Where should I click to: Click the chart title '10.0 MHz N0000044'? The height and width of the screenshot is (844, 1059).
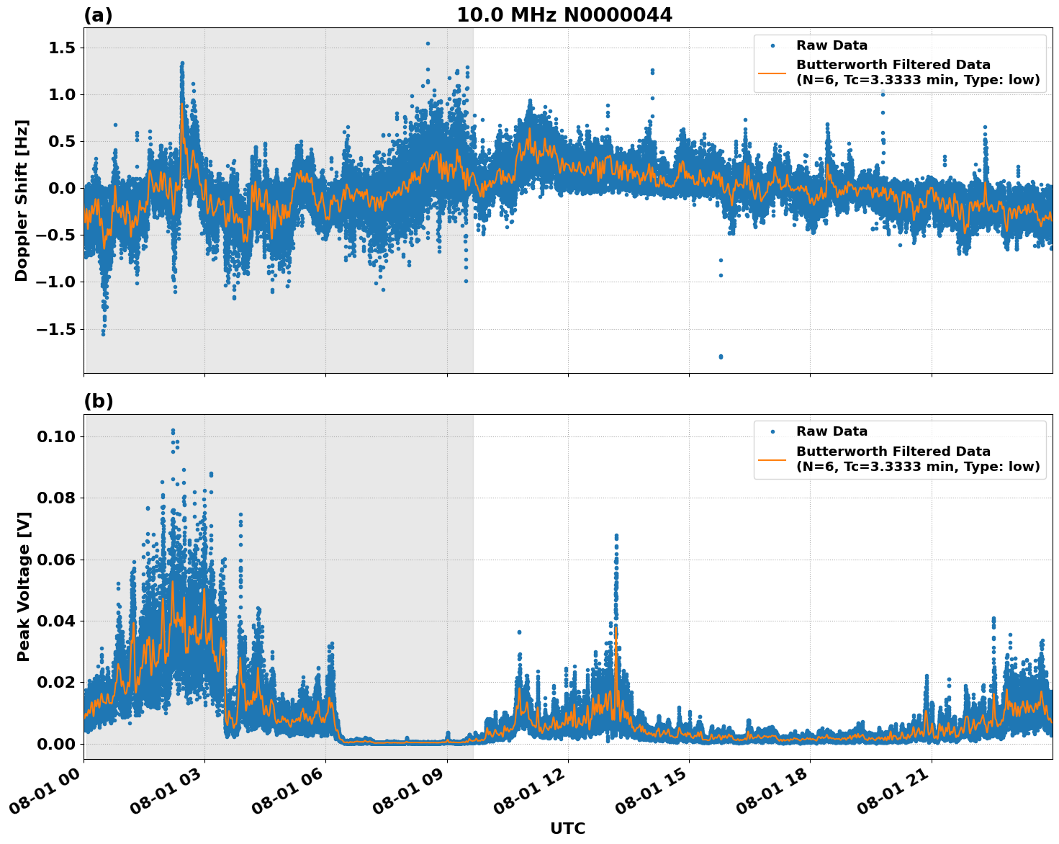coord(564,15)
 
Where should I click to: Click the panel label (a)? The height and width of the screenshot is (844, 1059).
coord(98,15)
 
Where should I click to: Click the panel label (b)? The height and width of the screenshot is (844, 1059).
coord(98,401)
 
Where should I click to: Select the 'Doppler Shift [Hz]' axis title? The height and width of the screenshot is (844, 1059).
coord(22,200)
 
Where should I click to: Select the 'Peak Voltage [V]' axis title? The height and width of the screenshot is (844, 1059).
coord(24,586)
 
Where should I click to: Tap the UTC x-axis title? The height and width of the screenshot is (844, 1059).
coord(567,828)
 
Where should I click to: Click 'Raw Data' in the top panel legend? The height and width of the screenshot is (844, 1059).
coord(832,45)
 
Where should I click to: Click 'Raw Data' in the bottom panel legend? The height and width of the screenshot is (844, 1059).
coord(832,431)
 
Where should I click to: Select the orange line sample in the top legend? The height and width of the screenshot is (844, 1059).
coord(772,72)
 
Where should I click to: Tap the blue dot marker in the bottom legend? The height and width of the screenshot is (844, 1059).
coord(772,431)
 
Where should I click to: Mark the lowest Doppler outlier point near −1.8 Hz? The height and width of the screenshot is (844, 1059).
coord(721,356)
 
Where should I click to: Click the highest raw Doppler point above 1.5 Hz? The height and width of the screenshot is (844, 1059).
coord(428,43)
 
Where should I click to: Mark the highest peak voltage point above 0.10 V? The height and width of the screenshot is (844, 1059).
coord(173,431)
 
